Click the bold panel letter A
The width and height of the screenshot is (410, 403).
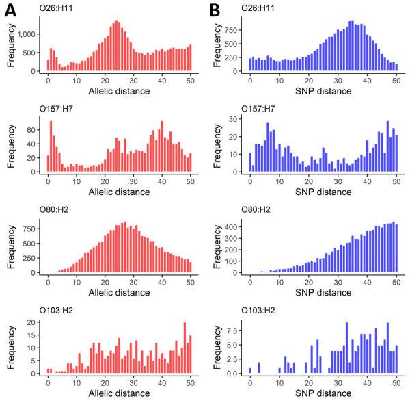pos(12,10)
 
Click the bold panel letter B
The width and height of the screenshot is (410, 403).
pos(215,10)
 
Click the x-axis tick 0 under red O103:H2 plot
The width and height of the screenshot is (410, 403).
pos(48,383)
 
